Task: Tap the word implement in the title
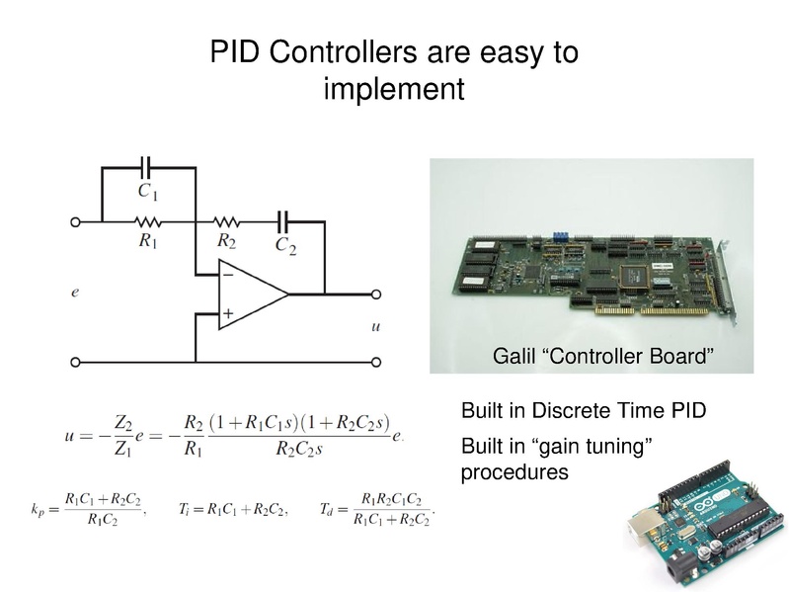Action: (x=394, y=89)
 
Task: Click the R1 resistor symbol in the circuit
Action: (x=148, y=222)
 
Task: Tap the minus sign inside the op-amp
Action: (x=227, y=276)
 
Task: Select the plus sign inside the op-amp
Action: (x=227, y=313)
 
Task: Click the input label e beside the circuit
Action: (x=75, y=293)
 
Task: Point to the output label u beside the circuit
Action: (x=374, y=326)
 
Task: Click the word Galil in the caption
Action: (x=513, y=355)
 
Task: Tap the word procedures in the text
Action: (x=514, y=472)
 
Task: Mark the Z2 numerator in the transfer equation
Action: (x=122, y=422)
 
